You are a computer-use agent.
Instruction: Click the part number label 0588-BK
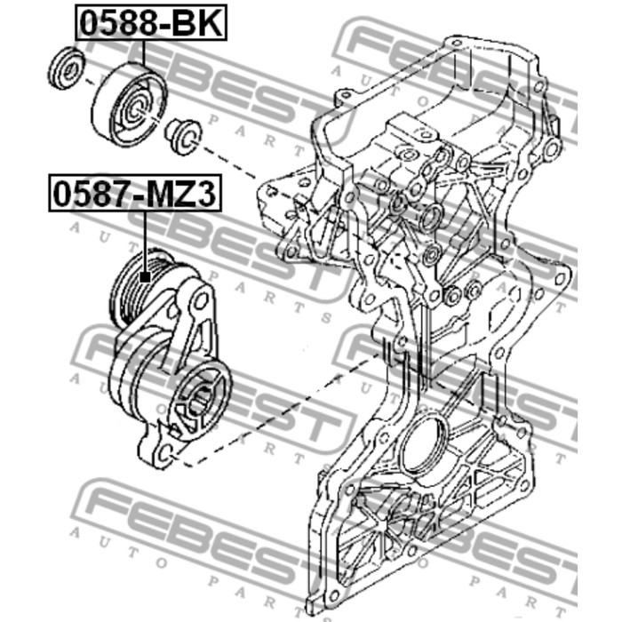pos(151,22)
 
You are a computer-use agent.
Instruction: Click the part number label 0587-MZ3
pos(135,193)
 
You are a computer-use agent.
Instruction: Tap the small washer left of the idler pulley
pos(67,68)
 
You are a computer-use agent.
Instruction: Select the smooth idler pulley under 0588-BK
pos(130,104)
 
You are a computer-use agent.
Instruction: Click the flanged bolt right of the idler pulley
pos(183,136)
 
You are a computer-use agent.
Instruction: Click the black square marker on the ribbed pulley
pos(146,277)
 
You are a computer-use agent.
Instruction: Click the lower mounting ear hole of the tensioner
pos(167,452)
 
